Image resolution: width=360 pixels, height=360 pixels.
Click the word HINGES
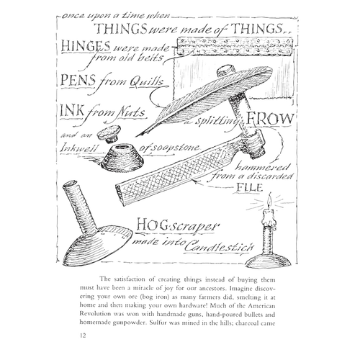click(x=86, y=46)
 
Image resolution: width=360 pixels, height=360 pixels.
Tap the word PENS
click(x=78, y=81)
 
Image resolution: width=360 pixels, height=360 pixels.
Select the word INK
click(x=72, y=112)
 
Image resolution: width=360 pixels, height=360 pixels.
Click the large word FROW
click(x=270, y=119)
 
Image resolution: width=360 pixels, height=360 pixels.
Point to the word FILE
click(x=249, y=187)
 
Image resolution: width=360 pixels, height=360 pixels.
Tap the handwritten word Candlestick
click(x=219, y=247)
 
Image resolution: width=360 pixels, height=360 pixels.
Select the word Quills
click(x=146, y=82)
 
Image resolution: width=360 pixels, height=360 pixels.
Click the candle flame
click(x=270, y=201)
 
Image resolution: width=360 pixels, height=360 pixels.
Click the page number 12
click(x=83, y=336)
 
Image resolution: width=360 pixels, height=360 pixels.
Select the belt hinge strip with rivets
click(x=235, y=46)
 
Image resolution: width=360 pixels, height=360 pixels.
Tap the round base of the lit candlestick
click(x=268, y=261)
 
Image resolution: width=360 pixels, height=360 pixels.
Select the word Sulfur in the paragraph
click(x=157, y=323)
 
